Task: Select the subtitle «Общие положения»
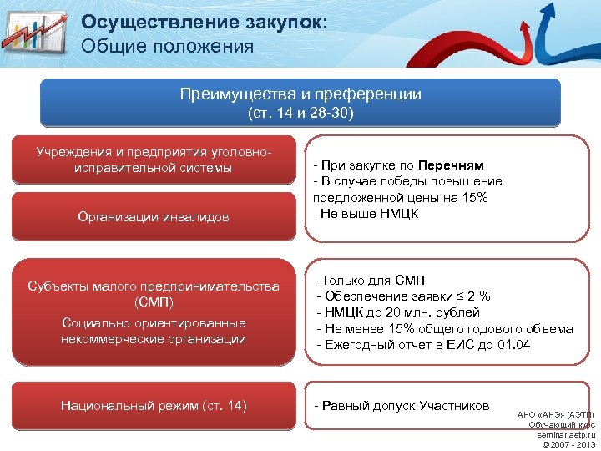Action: click(x=167, y=46)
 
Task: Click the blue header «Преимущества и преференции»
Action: click(x=300, y=94)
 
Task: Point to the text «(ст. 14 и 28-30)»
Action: click(x=300, y=114)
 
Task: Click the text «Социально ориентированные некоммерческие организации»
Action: click(x=153, y=331)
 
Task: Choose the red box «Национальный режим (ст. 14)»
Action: click(x=154, y=405)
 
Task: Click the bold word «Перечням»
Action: click(x=451, y=165)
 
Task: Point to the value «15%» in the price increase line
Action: click(x=477, y=198)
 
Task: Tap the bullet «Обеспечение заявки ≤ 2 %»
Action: click(x=403, y=296)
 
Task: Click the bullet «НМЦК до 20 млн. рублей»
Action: click(x=398, y=312)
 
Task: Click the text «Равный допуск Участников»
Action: click(x=401, y=405)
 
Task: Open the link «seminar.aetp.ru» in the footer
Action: click(x=566, y=434)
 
